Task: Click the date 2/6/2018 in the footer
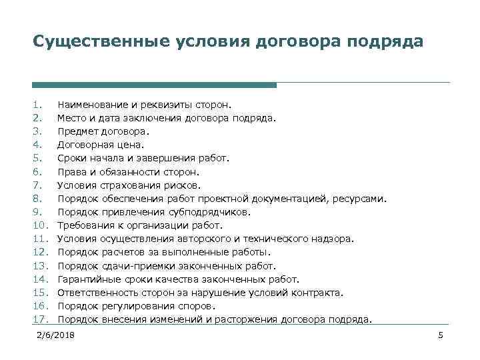coord(57,334)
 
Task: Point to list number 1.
coord(37,105)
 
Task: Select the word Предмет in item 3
coord(77,131)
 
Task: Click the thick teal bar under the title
coord(154,85)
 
